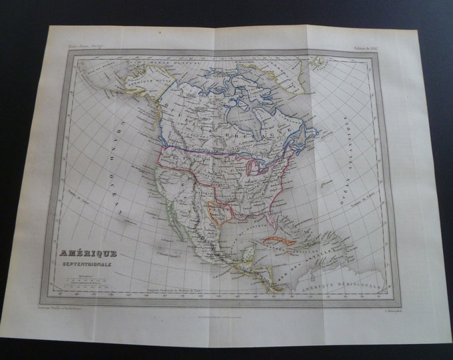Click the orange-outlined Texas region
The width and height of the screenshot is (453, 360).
(217, 212)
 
